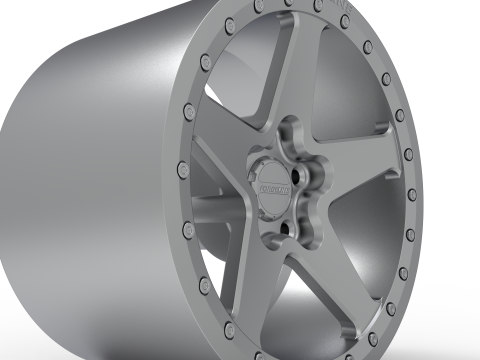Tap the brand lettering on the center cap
tap(273, 186)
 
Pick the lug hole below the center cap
tap(287, 227)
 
